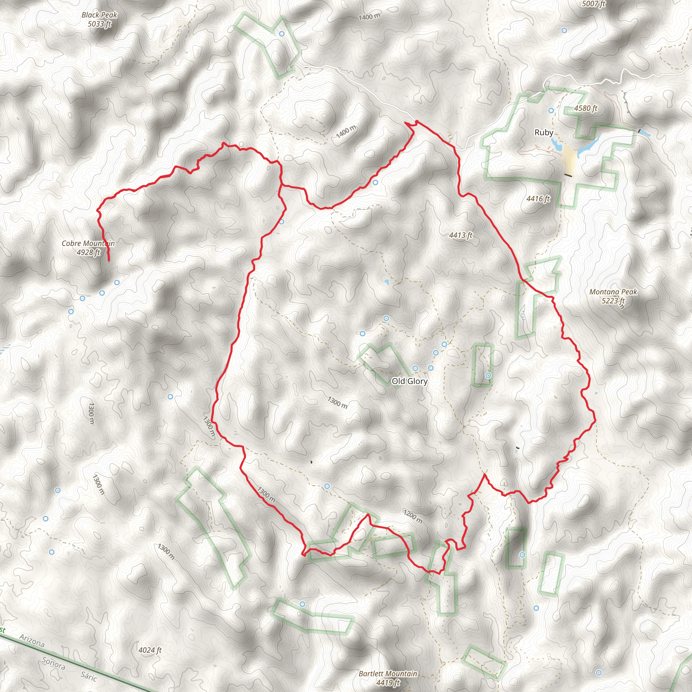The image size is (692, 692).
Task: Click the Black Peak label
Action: [99, 19]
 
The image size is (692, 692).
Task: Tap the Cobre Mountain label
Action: [88, 247]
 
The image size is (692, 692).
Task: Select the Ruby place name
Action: [543, 132]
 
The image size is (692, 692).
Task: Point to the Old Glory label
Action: [410, 381]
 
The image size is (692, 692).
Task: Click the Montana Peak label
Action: [613, 296]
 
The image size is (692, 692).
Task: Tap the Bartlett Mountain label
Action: [388, 678]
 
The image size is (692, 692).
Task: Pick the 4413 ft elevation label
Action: [461, 235]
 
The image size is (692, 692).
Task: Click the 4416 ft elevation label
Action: [538, 198]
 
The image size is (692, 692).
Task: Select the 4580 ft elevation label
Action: [586, 108]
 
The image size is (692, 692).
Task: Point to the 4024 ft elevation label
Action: [150, 650]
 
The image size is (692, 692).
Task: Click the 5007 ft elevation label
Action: [593, 4]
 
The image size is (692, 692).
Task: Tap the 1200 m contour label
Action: [413, 516]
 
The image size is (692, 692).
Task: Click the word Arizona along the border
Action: [32, 640]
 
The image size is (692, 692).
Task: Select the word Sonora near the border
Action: [54, 663]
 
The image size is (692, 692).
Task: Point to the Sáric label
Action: [89, 676]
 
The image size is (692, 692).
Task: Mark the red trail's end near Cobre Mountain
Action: [108, 261]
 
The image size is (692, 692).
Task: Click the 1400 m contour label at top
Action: [369, 17]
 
